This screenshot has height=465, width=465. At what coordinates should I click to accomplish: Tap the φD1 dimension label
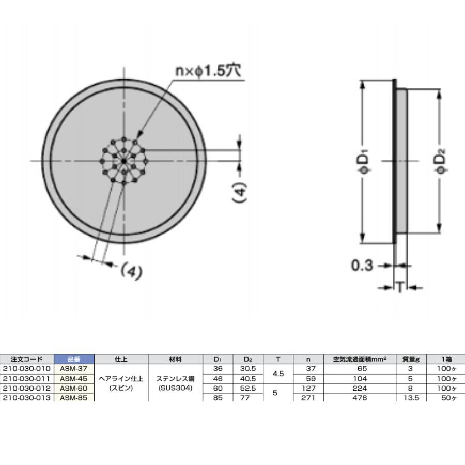point(364,162)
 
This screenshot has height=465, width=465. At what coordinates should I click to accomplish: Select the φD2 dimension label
point(442,161)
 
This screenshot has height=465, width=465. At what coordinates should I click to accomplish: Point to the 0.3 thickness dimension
point(362,265)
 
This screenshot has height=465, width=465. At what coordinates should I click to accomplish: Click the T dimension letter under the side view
point(400,287)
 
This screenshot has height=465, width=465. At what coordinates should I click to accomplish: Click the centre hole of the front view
point(124,161)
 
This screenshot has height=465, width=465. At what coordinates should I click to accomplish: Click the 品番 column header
point(74,359)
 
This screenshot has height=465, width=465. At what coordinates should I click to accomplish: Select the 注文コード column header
point(27,359)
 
